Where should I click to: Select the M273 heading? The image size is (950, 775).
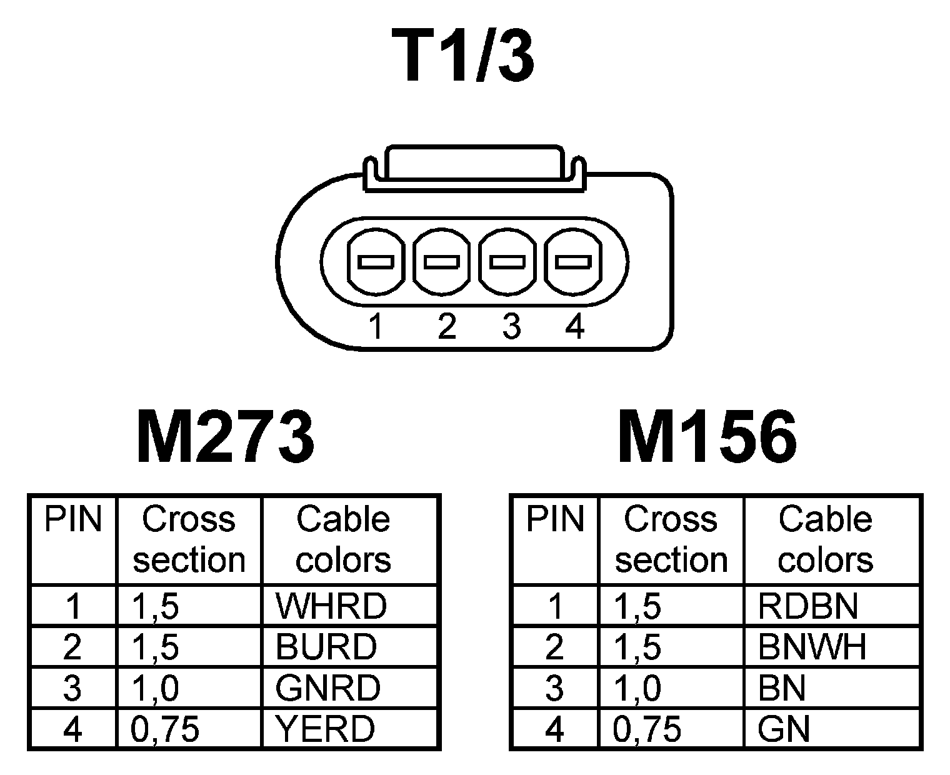tap(225, 437)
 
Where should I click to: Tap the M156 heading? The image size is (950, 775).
tap(707, 437)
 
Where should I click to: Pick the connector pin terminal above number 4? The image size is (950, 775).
tap(573, 261)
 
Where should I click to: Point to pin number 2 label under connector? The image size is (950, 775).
tap(446, 326)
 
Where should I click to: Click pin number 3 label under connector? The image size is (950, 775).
tap(511, 326)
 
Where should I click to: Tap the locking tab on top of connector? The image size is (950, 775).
tap(474, 164)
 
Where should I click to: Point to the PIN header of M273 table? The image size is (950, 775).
tap(72, 520)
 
